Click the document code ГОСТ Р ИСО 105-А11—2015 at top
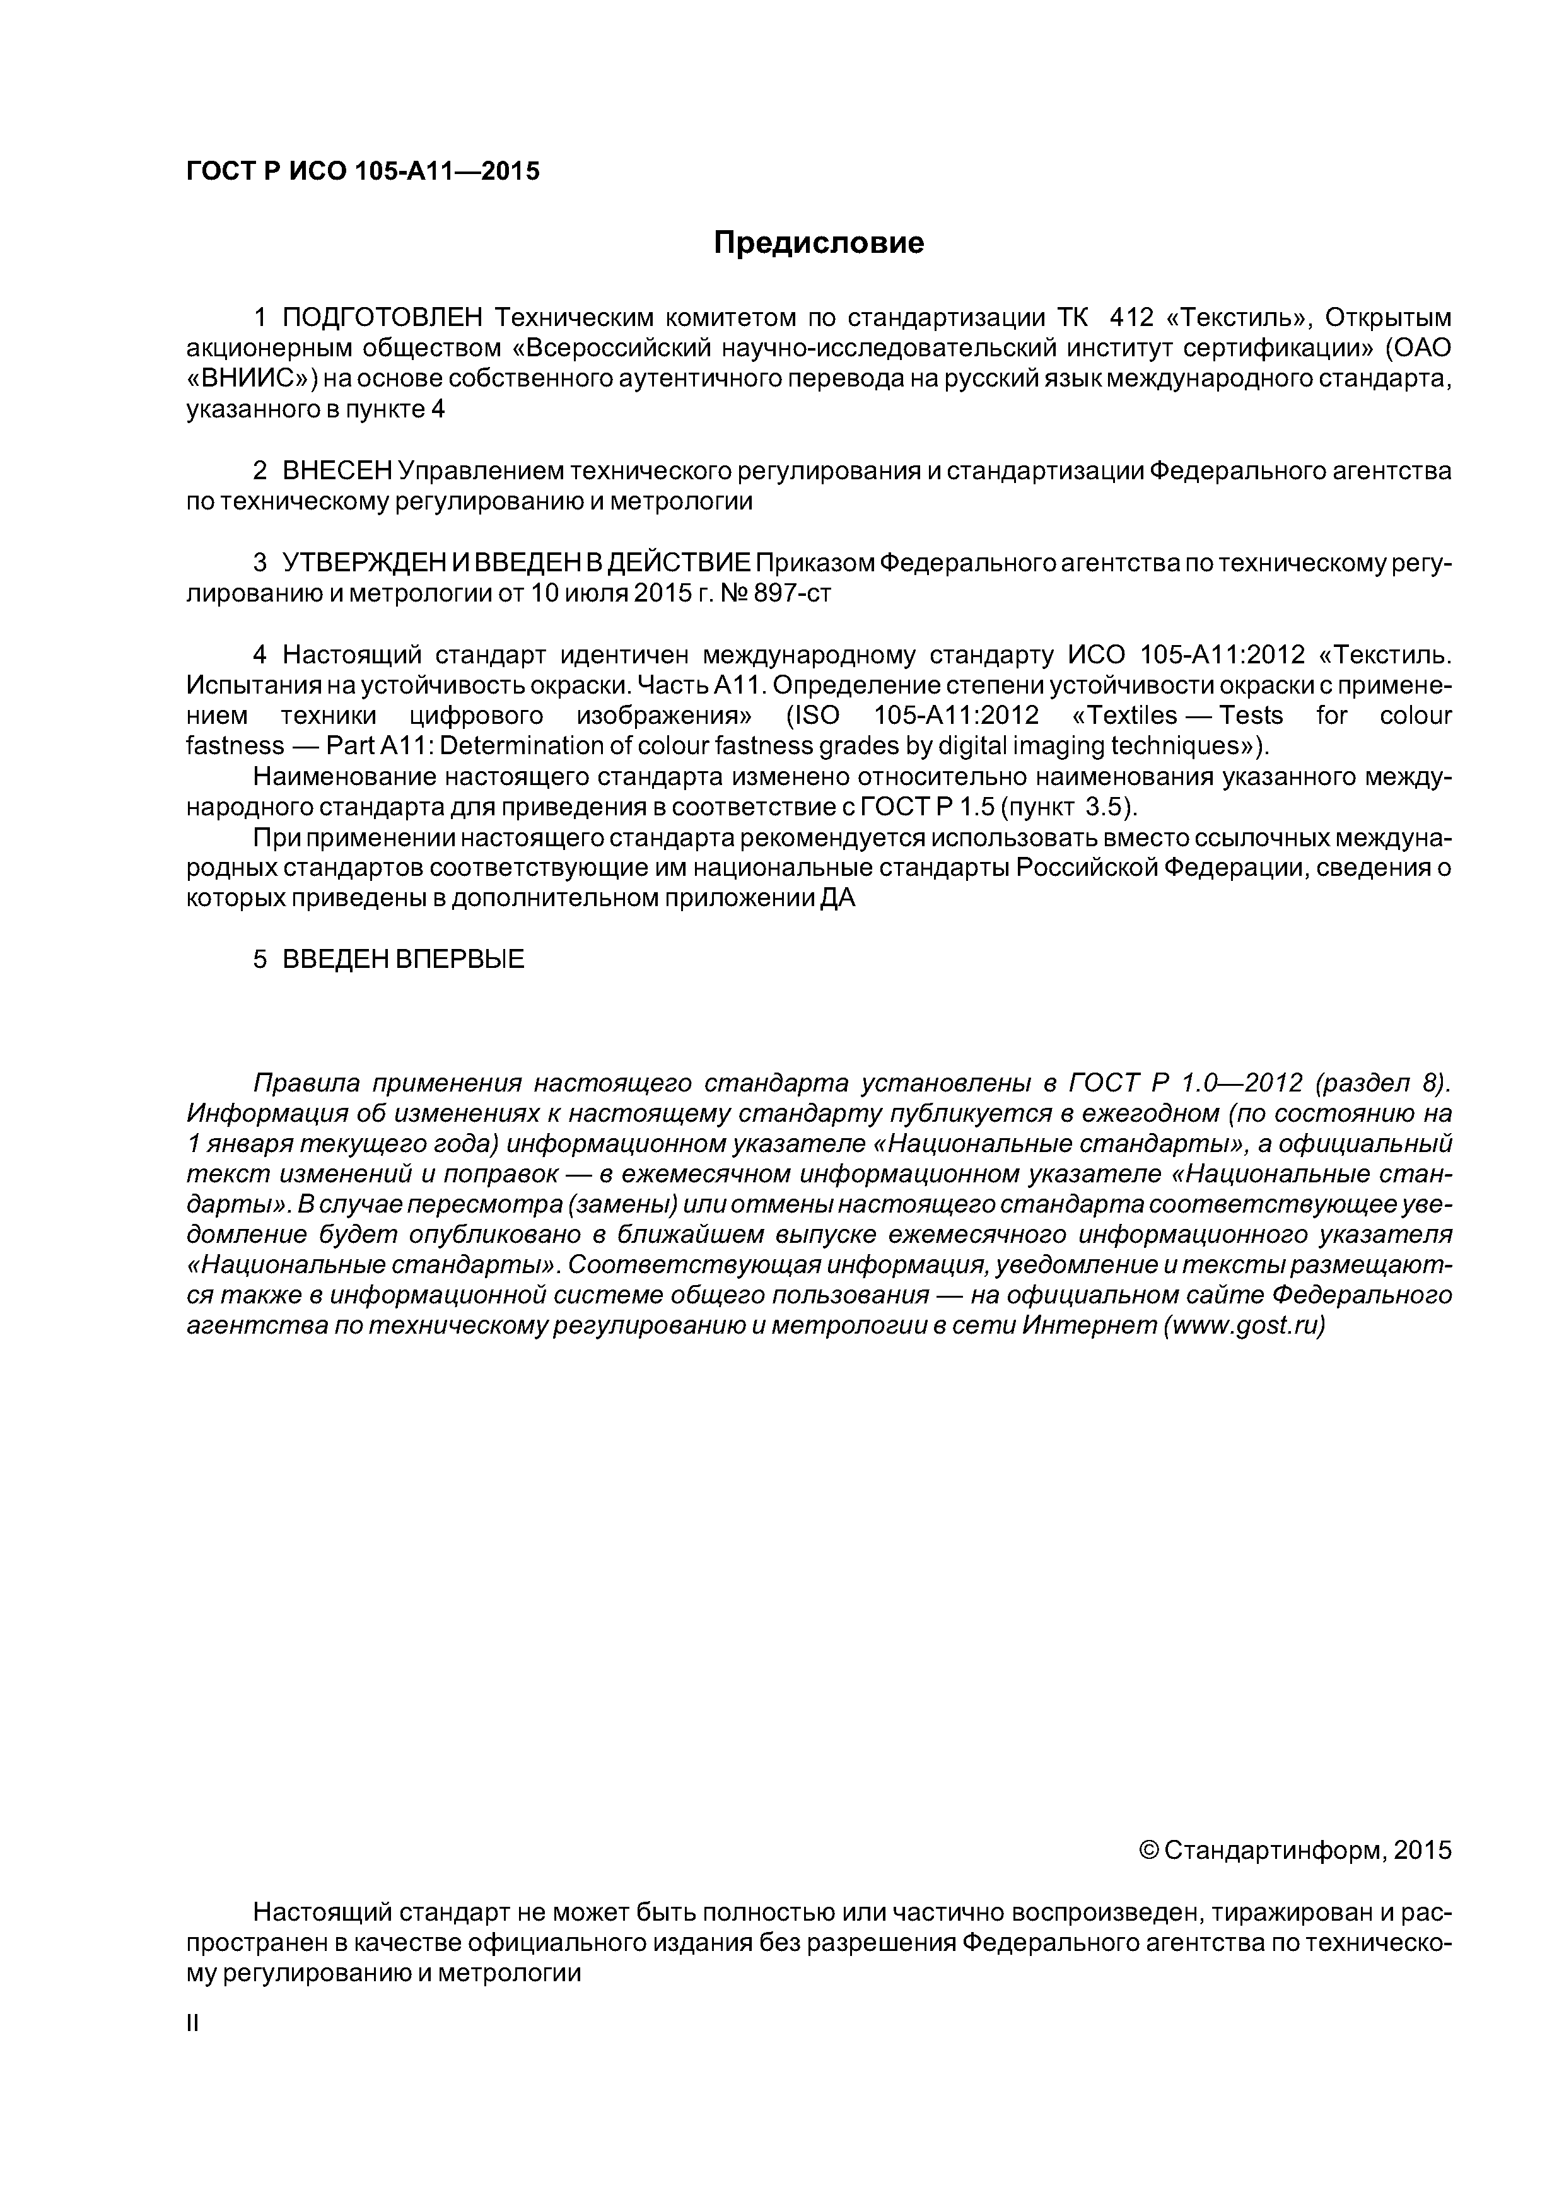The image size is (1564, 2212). coord(363,172)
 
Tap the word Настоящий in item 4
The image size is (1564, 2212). coord(352,655)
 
